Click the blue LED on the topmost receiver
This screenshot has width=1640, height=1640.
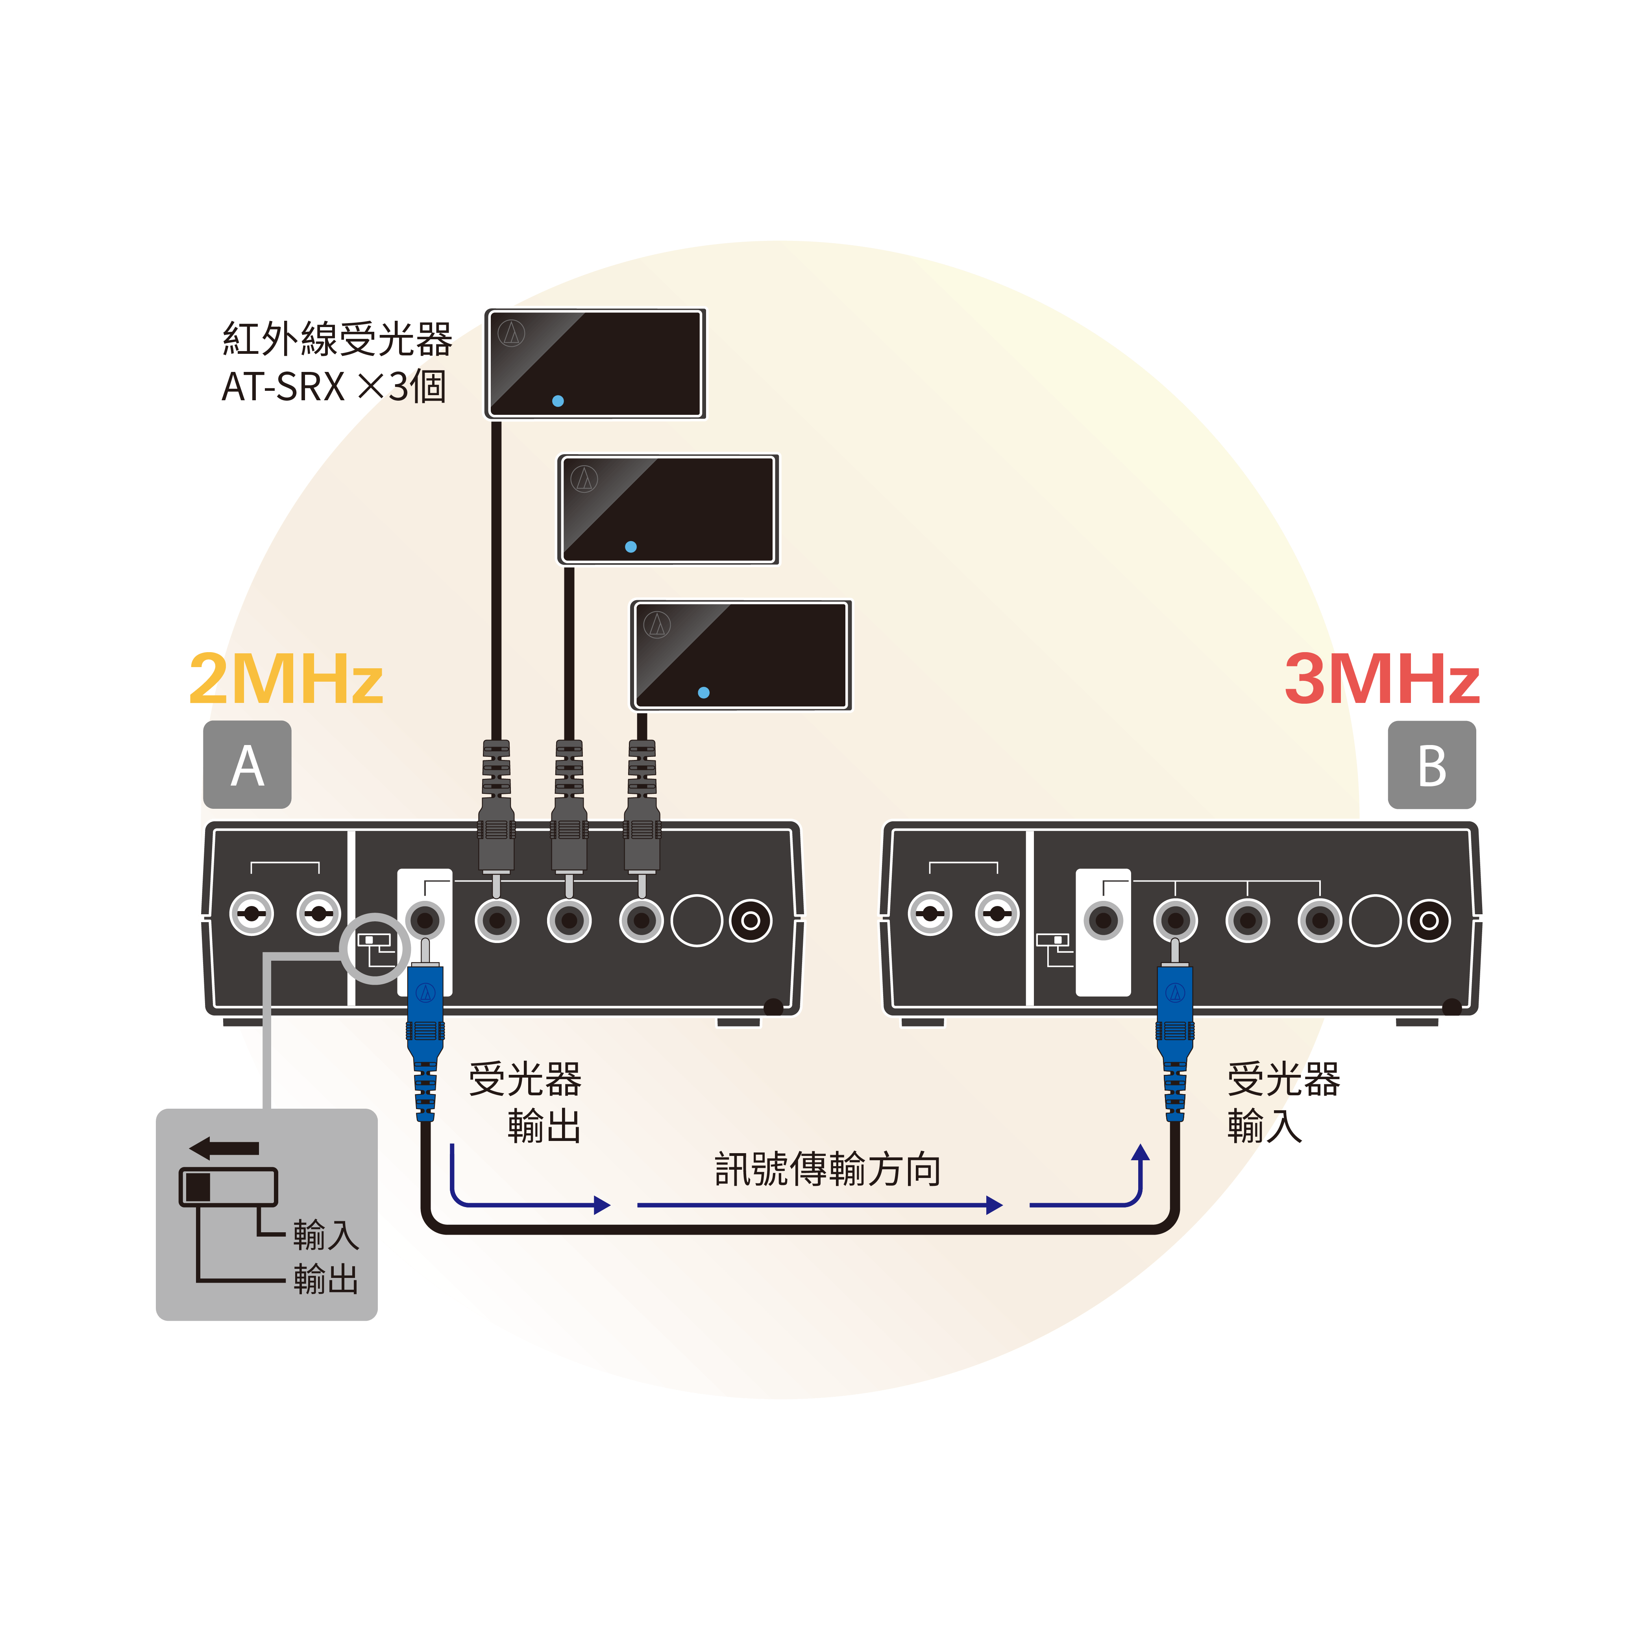(558, 401)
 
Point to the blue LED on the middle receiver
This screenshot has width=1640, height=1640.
(631, 547)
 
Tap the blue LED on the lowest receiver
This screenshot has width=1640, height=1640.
(704, 693)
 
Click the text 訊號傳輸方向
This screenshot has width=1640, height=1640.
(828, 1170)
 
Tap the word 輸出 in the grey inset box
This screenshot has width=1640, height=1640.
(326, 1279)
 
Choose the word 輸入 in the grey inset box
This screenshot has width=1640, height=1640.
(326, 1235)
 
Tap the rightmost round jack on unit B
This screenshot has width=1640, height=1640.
(1429, 920)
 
